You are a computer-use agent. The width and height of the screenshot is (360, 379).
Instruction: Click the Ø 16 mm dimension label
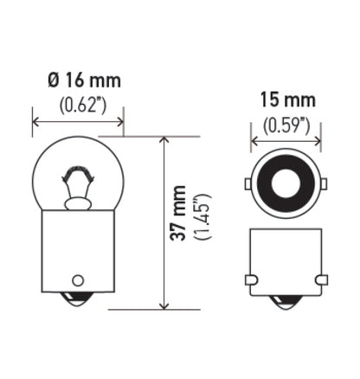click(x=83, y=81)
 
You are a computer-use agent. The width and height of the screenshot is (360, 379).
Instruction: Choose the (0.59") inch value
click(x=286, y=125)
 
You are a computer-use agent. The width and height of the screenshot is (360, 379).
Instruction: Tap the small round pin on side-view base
click(x=77, y=280)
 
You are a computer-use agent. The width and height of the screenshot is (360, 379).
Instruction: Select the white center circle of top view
click(x=285, y=183)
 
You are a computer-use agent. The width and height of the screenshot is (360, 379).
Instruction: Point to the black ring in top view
click(x=285, y=165)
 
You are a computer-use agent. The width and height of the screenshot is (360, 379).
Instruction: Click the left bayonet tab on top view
click(x=247, y=184)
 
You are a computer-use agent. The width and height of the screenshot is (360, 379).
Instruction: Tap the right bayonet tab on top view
click(x=323, y=184)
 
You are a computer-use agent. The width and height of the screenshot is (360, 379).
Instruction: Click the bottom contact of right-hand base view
click(x=286, y=302)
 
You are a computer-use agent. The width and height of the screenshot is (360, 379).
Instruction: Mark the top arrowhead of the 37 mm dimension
click(x=164, y=140)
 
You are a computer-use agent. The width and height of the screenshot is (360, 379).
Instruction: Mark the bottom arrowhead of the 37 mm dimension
click(x=164, y=304)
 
